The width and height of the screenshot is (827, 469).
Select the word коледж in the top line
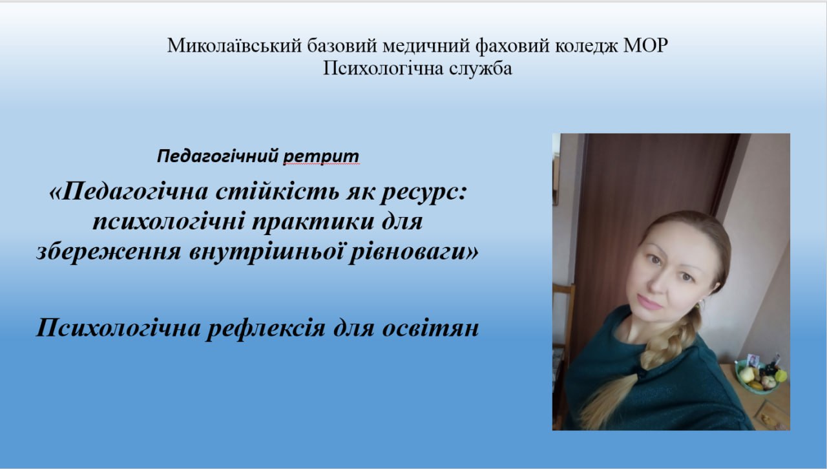click(x=587, y=47)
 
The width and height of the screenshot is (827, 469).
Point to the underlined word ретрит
click(x=321, y=156)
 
